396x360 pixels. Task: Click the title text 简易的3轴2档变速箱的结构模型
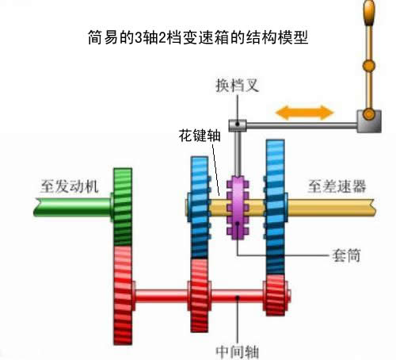pyautogui.click(x=198, y=37)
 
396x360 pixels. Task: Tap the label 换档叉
pyautogui.click(x=237, y=85)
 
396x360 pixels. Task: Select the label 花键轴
pyautogui.click(x=200, y=136)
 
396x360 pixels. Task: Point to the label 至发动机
pyautogui.click(x=70, y=186)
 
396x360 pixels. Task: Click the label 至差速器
pyautogui.click(x=337, y=186)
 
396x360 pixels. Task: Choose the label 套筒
pyautogui.click(x=346, y=255)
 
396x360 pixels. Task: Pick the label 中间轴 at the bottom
pyautogui.click(x=237, y=351)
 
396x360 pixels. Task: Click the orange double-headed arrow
pyautogui.click(x=304, y=113)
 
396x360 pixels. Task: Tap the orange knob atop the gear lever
pyautogui.click(x=369, y=13)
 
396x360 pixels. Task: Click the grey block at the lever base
pyautogui.click(x=369, y=121)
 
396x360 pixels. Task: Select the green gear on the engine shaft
pyautogui.click(x=123, y=207)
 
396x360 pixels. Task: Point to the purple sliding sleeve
pyautogui.click(x=238, y=207)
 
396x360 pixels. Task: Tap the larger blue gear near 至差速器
pyautogui.click(x=276, y=208)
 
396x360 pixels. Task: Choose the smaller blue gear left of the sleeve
pyautogui.click(x=200, y=208)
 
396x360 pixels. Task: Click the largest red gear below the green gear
pyautogui.click(x=123, y=296)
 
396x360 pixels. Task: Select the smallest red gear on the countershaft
pyautogui.click(x=276, y=295)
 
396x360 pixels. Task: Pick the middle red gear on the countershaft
pyautogui.click(x=200, y=295)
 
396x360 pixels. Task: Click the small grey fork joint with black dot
pyautogui.click(x=238, y=125)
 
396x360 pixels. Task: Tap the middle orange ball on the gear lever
pyautogui.click(x=369, y=65)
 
